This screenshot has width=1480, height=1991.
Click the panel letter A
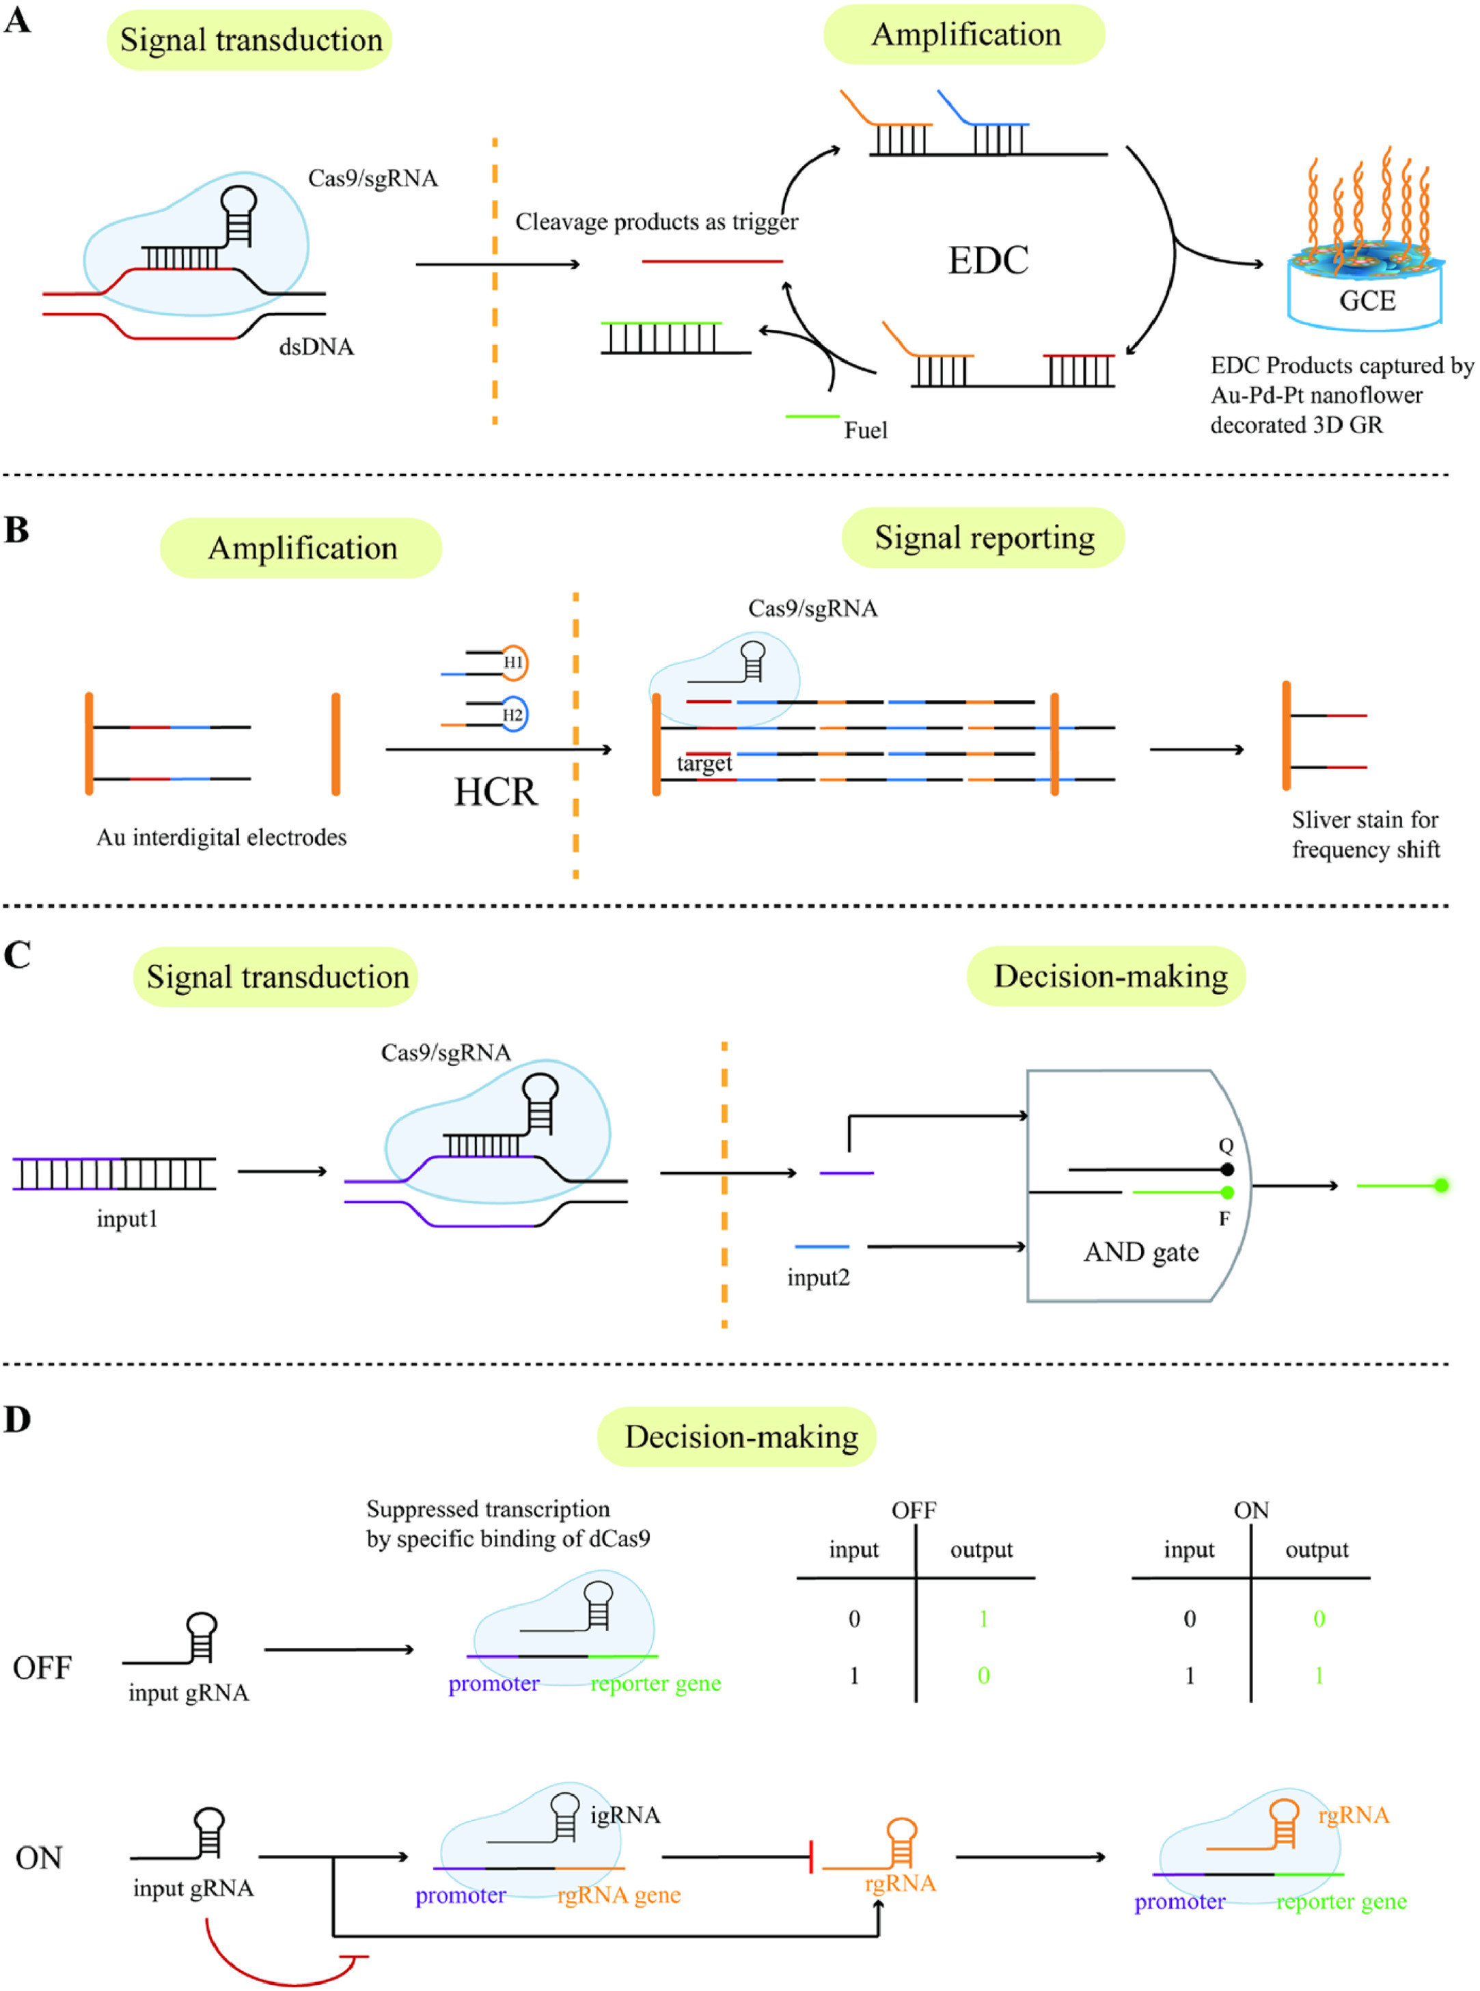(17, 20)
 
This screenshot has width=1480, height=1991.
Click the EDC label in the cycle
(988, 261)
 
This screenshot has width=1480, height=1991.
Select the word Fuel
(866, 431)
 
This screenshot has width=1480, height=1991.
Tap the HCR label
(495, 792)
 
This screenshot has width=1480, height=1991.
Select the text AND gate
(1141, 1252)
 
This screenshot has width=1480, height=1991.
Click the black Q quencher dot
(1227, 1170)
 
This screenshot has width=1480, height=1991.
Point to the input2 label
(818, 1278)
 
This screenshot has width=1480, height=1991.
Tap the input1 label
(127, 1219)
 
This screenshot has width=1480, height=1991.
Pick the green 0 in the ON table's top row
(1319, 1619)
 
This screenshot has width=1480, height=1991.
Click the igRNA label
(625, 1815)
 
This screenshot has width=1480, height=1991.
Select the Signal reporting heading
(984, 538)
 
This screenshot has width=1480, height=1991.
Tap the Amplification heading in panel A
(965, 34)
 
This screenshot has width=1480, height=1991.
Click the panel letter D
(17, 1419)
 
